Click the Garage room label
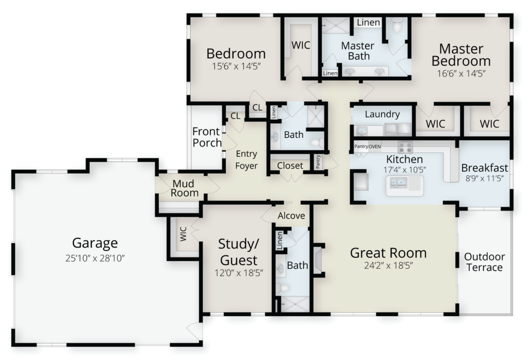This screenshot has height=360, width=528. (x=95, y=243)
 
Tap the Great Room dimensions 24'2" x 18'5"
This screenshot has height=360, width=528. (x=388, y=266)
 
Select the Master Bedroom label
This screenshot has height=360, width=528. (x=461, y=55)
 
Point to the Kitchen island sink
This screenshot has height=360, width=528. (x=399, y=183)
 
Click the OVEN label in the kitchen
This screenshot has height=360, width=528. (x=374, y=146)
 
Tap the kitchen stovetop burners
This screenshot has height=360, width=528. (x=405, y=147)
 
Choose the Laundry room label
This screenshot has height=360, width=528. (x=382, y=114)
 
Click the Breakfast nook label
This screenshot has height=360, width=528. (x=485, y=168)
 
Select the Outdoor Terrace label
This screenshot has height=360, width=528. (x=485, y=262)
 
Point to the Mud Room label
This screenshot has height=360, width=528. (x=184, y=188)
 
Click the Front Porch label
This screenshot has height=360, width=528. (x=207, y=137)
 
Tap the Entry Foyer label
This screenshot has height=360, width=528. (x=246, y=159)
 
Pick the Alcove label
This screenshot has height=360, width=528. (x=291, y=216)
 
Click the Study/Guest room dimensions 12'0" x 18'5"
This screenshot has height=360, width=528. (x=239, y=272)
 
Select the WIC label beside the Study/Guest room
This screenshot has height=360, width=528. (x=183, y=234)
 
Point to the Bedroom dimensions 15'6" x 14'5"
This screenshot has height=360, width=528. (x=236, y=67)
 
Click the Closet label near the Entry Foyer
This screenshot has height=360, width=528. (x=290, y=166)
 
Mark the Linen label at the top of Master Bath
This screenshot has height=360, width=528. (x=368, y=23)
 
